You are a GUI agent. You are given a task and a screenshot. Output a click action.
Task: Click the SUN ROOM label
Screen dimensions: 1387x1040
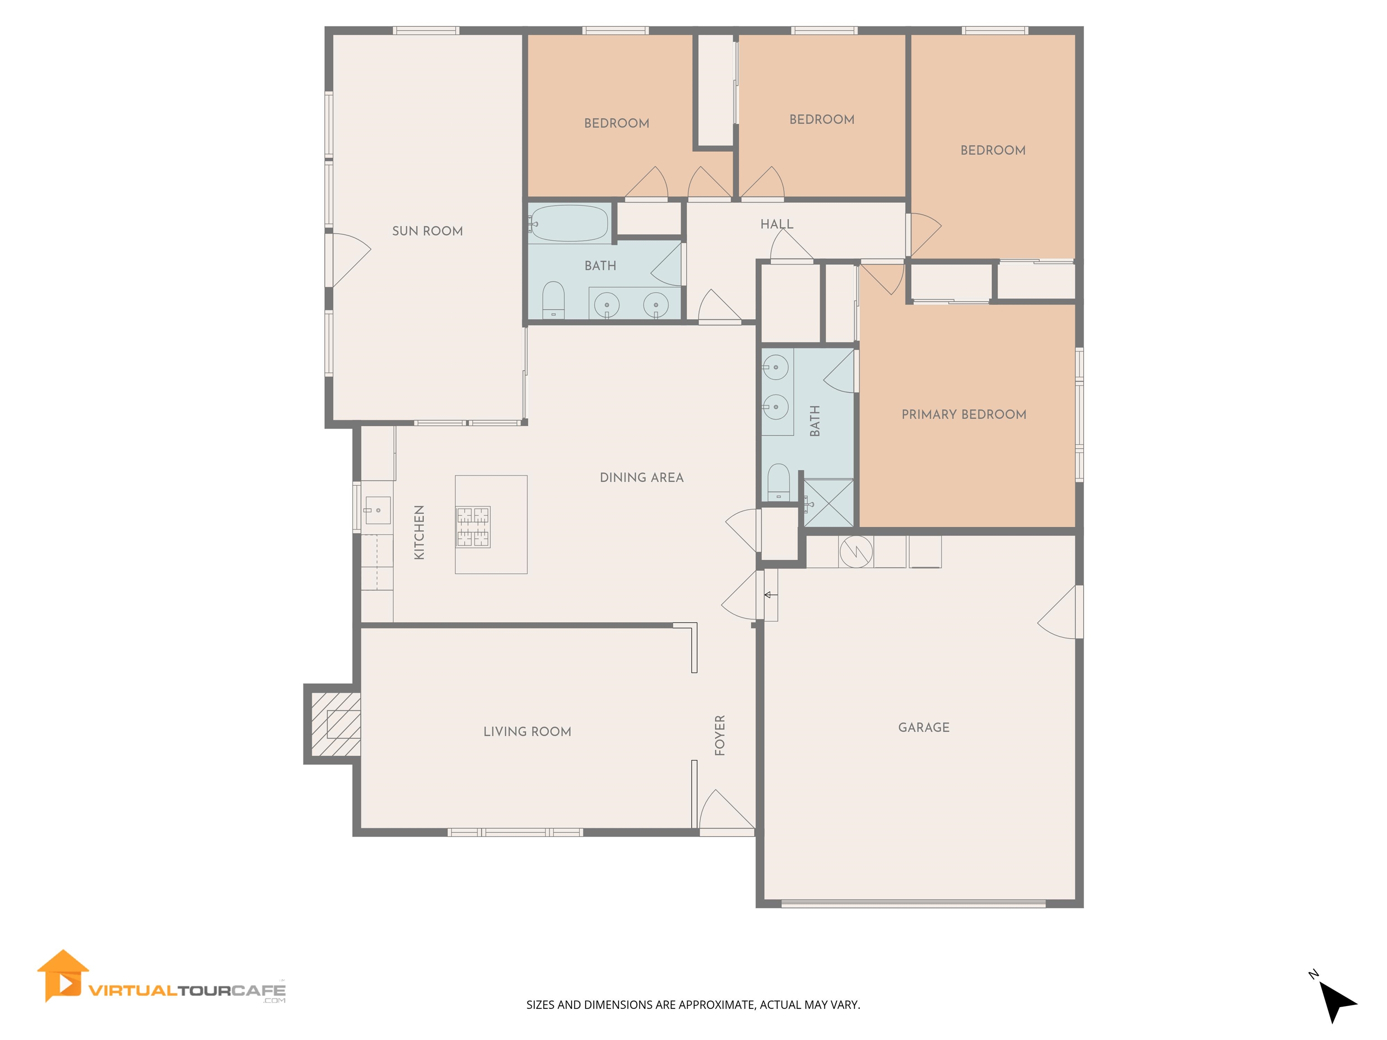click(428, 231)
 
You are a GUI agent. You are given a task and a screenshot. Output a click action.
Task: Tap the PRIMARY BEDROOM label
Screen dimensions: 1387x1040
click(964, 414)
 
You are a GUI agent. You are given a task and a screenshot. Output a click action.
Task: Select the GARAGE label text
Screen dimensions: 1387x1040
click(924, 727)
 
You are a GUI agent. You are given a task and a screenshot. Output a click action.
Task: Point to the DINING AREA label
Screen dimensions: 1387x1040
click(642, 478)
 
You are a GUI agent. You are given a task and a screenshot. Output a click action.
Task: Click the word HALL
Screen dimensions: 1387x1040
click(777, 224)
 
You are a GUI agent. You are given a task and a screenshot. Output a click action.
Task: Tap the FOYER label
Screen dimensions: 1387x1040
click(720, 735)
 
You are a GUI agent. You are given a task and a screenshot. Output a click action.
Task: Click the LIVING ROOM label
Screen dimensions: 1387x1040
click(527, 732)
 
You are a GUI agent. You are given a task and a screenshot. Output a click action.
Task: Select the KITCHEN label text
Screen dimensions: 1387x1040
click(419, 532)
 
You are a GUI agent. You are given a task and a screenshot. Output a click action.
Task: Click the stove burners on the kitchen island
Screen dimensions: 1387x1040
click(473, 527)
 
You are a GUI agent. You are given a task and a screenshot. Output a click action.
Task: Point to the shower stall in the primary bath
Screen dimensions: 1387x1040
click(828, 503)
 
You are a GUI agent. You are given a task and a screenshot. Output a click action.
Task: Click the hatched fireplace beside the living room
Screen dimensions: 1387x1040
click(336, 724)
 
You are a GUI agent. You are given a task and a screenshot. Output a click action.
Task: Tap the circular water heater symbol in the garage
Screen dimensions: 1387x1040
click(856, 552)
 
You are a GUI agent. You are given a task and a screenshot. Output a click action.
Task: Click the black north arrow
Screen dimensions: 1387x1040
click(1337, 1001)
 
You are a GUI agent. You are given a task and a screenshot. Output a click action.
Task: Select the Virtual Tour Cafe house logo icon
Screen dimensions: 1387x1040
click(63, 976)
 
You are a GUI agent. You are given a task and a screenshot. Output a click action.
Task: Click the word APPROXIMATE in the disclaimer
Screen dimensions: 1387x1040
click(717, 1004)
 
